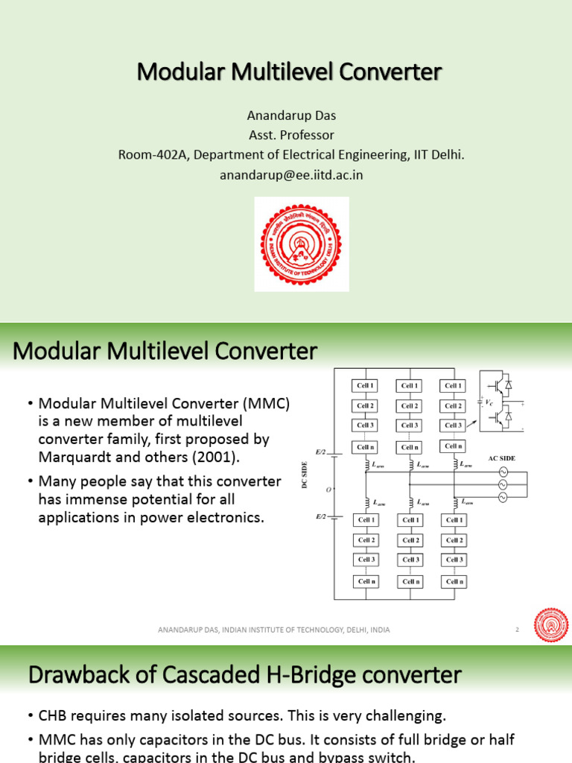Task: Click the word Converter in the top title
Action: tap(391, 72)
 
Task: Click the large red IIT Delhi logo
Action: tap(302, 244)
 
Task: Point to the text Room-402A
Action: tap(148, 155)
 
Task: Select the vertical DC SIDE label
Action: tap(305, 475)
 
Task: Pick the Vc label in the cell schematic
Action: tap(489, 402)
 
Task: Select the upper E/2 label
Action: tap(320, 452)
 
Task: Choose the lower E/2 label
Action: tap(320, 515)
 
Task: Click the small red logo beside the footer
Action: tap(550, 625)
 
